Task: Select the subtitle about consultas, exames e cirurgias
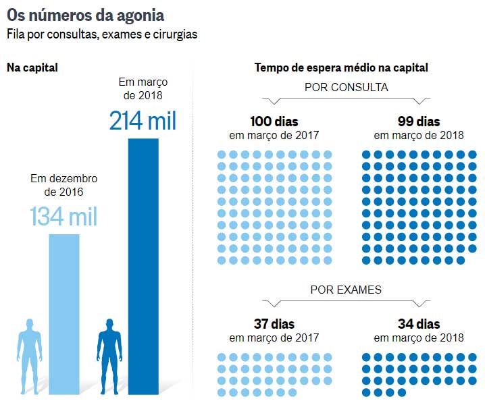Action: tap(102, 34)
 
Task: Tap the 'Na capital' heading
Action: tap(32, 68)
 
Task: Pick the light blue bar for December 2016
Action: tap(64, 313)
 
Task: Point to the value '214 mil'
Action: tap(143, 121)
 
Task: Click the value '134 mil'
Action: tap(63, 217)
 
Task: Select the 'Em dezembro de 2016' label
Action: tap(64, 185)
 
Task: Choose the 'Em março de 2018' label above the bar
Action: tap(143, 88)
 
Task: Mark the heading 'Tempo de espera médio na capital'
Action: tap(341, 68)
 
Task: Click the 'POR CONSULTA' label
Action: tap(346, 87)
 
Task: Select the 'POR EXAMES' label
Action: tap(346, 290)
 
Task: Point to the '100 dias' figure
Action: tap(274, 122)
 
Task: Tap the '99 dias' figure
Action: tap(419, 122)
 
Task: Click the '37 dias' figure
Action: tap(274, 324)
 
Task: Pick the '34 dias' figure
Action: tap(419, 324)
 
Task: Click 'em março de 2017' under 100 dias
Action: tap(274, 135)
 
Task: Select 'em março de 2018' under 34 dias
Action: tap(419, 338)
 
